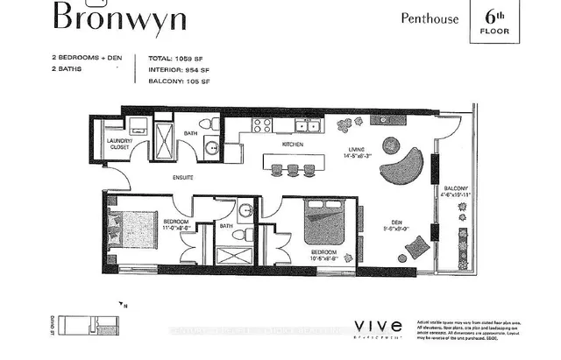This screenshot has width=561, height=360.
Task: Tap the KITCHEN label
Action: coord(292,144)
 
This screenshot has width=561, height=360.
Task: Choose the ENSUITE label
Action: coord(182,178)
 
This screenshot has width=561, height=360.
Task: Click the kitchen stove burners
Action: coord(261,125)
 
